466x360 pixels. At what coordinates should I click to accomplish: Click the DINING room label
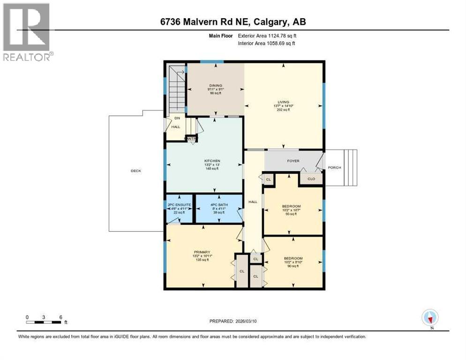(x=216, y=85)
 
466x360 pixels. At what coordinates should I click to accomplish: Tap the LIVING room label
(x=283, y=102)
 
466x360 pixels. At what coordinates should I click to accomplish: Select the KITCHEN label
(x=205, y=161)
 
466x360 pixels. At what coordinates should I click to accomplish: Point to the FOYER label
(x=293, y=161)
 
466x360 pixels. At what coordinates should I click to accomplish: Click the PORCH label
(x=334, y=167)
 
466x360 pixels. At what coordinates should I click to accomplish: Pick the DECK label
(x=136, y=171)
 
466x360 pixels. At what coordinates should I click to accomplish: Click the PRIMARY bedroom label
(x=203, y=251)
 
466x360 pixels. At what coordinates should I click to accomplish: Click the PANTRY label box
(x=191, y=139)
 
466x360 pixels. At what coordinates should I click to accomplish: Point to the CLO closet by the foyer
(x=311, y=179)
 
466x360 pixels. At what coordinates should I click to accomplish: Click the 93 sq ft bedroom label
(x=291, y=206)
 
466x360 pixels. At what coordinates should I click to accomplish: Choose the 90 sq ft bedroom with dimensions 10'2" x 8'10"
(x=293, y=258)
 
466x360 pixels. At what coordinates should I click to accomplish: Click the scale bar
(x=44, y=322)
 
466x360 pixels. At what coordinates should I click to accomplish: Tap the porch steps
(x=351, y=167)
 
